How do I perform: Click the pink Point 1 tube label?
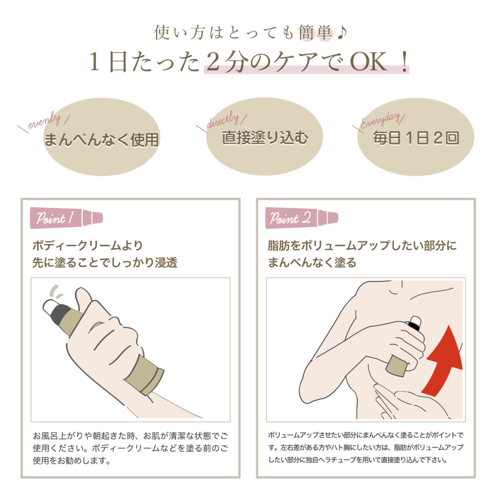tap(66, 218)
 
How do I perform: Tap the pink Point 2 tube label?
tap(301, 218)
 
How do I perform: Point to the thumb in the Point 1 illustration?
tap(83, 301)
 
